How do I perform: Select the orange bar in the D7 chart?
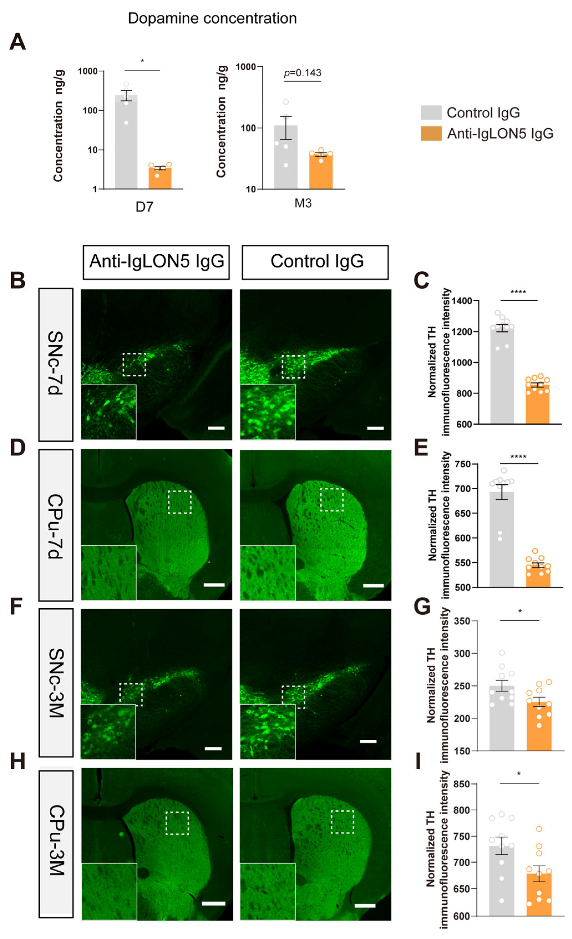tap(160, 178)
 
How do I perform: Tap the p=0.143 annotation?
tap(302, 73)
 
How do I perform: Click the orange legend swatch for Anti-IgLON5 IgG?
tap(431, 133)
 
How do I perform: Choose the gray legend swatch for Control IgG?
tap(431, 113)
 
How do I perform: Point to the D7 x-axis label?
tap(144, 207)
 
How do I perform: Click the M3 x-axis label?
tap(303, 203)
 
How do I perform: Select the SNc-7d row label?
tap(56, 364)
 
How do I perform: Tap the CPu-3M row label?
tap(56, 839)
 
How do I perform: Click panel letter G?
tap(422, 606)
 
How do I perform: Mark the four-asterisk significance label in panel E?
tap(518, 457)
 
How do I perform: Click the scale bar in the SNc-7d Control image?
tap(375, 428)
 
